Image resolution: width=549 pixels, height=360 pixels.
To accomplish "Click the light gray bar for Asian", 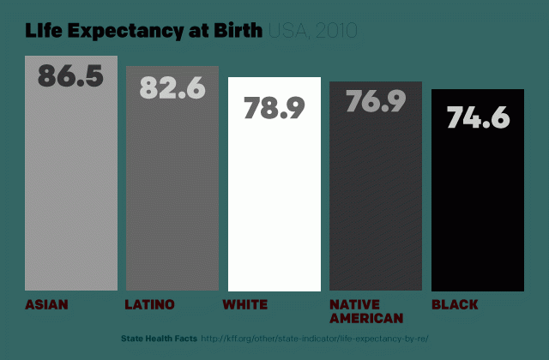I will click(x=71, y=189).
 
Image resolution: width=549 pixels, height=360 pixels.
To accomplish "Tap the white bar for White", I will click(x=274, y=206).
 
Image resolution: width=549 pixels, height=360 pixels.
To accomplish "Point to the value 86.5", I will click(x=70, y=75).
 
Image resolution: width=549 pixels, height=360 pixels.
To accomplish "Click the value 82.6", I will click(x=172, y=87).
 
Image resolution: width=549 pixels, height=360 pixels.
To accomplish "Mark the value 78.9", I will click(x=274, y=108).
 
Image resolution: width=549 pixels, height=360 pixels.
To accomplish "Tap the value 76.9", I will click(x=376, y=101).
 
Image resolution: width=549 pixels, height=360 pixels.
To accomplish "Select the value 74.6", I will click(x=478, y=117).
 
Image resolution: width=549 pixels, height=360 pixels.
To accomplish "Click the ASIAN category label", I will click(x=47, y=304).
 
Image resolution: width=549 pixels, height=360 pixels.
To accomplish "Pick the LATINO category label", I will click(x=149, y=304).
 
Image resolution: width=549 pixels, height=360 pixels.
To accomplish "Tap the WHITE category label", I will click(x=245, y=304).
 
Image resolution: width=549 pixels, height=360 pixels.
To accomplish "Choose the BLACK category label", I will click(x=455, y=304).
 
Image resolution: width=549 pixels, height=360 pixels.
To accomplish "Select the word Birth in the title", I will click(x=238, y=32).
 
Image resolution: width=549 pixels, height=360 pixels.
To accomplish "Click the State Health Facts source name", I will click(x=159, y=339).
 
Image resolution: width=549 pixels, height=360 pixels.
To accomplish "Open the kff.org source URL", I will click(x=315, y=339).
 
